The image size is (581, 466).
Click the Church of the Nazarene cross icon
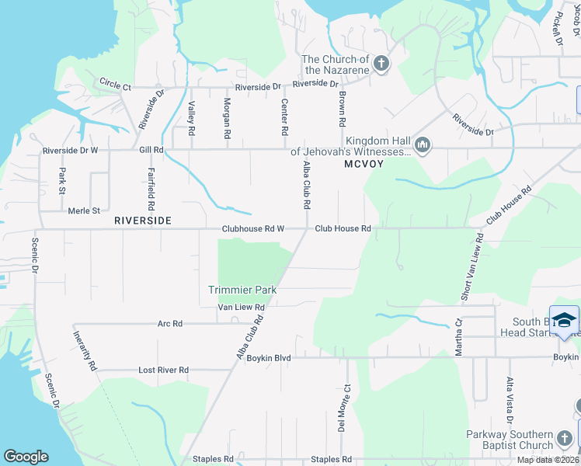click(x=381, y=63)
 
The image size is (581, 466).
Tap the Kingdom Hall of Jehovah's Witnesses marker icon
click(x=423, y=144)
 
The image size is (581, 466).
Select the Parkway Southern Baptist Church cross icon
click(x=565, y=440)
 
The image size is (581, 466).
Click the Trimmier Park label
click(x=242, y=290)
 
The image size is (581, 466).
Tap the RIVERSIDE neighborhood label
click(x=142, y=221)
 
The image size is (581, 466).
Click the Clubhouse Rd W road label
click(x=253, y=229)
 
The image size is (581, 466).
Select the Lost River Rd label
click(x=163, y=370)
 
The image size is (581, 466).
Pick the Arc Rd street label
click(x=169, y=323)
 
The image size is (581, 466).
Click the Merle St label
click(x=85, y=210)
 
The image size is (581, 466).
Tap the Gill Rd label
click(x=151, y=149)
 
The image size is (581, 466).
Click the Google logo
click(x=26, y=457)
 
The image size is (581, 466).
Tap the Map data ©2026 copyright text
click(x=548, y=461)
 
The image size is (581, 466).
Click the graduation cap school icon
click(x=565, y=319)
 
